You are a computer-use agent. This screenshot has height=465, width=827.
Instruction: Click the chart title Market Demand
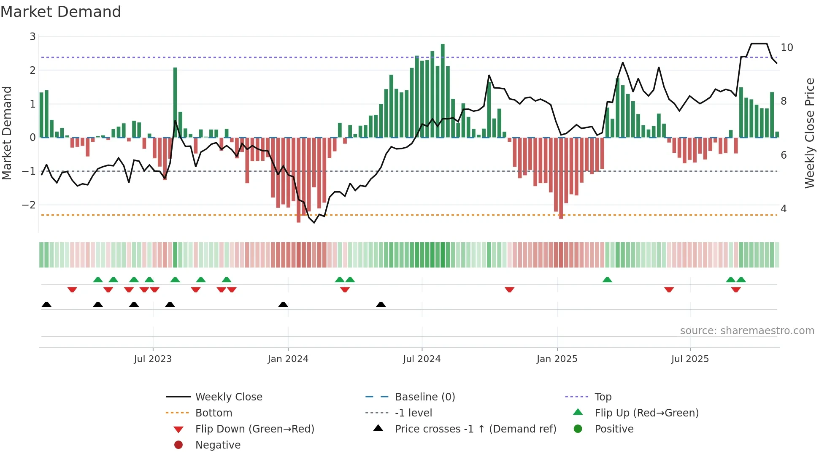[x=61, y=12]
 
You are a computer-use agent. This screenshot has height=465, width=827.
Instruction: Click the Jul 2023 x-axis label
[x=153, y=359]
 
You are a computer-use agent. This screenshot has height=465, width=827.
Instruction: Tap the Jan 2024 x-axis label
[x=288, y=359]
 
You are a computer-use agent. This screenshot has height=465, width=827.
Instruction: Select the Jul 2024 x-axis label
[x=422, y=359]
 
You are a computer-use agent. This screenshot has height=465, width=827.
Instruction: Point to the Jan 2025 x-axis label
[x=557, y=359]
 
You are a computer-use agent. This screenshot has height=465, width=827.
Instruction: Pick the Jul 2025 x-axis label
[x=690, y=359]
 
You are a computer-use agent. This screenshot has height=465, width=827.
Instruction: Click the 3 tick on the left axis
[x=32, y=37]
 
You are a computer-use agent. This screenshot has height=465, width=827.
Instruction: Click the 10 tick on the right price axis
[x=787, y=48]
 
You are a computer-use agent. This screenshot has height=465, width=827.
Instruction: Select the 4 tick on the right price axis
[x=784, y=209]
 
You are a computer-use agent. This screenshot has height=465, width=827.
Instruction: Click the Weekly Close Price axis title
[x=809, y=133]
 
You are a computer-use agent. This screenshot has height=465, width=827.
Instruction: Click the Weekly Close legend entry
[x=229, y=397]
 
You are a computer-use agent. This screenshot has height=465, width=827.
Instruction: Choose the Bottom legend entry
[x=214, y=413]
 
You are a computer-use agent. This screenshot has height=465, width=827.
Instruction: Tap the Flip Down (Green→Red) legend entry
[x=254, y=429]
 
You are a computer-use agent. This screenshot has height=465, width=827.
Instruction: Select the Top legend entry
[x=603, y=397]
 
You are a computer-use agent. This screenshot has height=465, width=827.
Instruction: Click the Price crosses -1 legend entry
[x=475, y=429]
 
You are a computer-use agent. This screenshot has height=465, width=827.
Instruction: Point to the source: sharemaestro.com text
[x=747, y=331]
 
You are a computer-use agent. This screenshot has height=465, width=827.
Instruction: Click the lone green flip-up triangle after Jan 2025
[x=607, y=280]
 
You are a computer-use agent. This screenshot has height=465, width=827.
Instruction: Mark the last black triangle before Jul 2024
[x=381, y=304]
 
